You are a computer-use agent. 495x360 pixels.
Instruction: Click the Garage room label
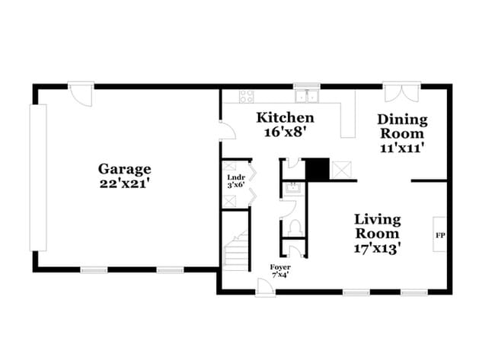[124, 169]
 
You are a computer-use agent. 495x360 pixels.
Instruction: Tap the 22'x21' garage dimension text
[124, 185]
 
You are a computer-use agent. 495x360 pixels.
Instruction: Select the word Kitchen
[285, 117]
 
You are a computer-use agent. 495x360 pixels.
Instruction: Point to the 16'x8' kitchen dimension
[285, 132]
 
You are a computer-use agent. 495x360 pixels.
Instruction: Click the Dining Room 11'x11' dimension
[401, 148]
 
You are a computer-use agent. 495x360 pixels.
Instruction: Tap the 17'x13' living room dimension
[377, 247]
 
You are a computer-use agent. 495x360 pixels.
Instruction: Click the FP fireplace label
[439, 235]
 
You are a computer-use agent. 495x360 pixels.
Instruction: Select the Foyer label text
[279, 267]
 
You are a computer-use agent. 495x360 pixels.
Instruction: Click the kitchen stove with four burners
[247, 97]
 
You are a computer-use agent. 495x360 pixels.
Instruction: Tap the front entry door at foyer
[265, 285]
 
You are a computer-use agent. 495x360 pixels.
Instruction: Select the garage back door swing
[79, 95]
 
